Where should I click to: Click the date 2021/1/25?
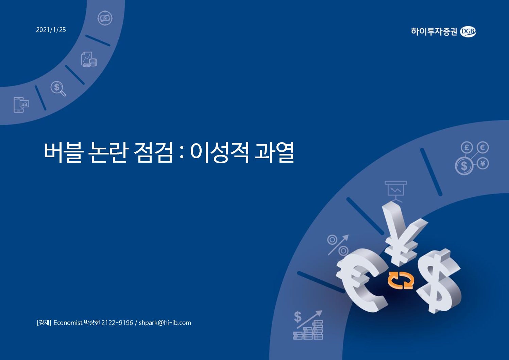(51, 30)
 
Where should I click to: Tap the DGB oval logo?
(468, 32)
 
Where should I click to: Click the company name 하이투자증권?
(434, 32)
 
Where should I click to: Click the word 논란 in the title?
(108, 152)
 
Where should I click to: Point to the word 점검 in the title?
(153, 152)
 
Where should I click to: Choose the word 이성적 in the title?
(220, 152)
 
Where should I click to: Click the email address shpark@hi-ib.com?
(165, 323)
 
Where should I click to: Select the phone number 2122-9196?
(117, 323)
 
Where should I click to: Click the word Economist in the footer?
(68, 323)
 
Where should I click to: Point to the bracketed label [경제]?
(44, 323)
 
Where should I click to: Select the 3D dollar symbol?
(440, 281)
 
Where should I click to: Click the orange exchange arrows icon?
(401, 280)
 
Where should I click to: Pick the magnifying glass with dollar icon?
(58, 88)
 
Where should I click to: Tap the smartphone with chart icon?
(21, 104)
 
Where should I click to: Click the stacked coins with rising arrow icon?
(308, 325)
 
